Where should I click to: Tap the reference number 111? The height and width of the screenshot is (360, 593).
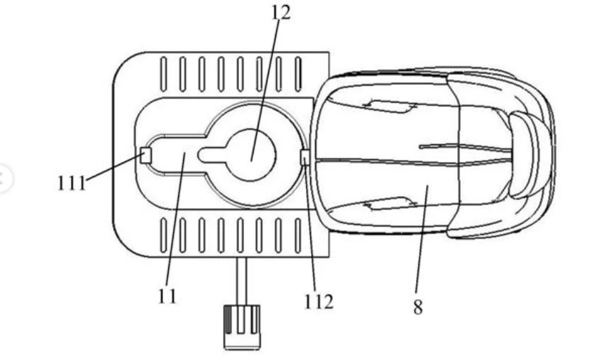[71, 183]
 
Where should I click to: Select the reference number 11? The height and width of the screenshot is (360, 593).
[167, 296]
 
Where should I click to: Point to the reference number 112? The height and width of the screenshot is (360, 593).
[319, 302]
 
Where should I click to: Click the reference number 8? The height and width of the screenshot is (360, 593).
[418, 307]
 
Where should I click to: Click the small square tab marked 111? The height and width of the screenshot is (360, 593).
[146, 156]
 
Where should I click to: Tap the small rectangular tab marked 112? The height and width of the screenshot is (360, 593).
[305, 158]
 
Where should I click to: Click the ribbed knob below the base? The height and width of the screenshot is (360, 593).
[242, 326]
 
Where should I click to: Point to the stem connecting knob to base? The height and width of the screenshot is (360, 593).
[241, 282]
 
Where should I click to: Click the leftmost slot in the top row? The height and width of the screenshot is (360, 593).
[164, 74]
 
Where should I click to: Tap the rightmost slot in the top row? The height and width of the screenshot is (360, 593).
[298, 74]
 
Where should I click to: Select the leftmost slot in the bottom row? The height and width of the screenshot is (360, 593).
[164, 235]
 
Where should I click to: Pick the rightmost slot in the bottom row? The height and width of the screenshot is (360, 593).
[298, 235]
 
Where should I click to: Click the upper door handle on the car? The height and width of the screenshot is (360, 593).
[389, 106]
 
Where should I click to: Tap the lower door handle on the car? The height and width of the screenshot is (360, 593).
[389, 204]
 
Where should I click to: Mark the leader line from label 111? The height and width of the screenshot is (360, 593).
[113, 168]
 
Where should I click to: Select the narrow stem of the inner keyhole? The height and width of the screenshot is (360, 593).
[214, 155]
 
